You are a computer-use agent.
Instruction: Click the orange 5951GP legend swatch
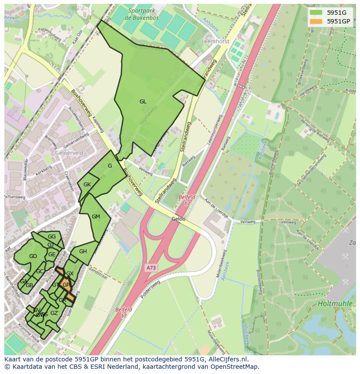[316, 21]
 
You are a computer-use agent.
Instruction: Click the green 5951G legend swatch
[316, 13]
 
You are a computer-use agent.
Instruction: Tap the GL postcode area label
[143, 102]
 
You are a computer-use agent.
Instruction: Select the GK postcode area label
[87, 185]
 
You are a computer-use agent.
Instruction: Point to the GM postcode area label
[96, 217]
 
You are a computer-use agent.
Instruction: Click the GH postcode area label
[83, 252]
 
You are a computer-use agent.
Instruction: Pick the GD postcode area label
[33, 256]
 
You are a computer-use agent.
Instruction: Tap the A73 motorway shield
[151, 268]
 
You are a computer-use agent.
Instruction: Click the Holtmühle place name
[335, 304]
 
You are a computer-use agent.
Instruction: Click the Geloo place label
[178, 219]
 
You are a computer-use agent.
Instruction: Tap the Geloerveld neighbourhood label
[69, 153]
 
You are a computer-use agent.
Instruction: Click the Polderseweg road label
[151, 290]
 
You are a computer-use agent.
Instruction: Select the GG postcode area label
[52, 237]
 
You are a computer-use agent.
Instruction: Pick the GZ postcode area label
[54, 313]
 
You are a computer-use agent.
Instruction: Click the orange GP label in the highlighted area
[66, 285]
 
